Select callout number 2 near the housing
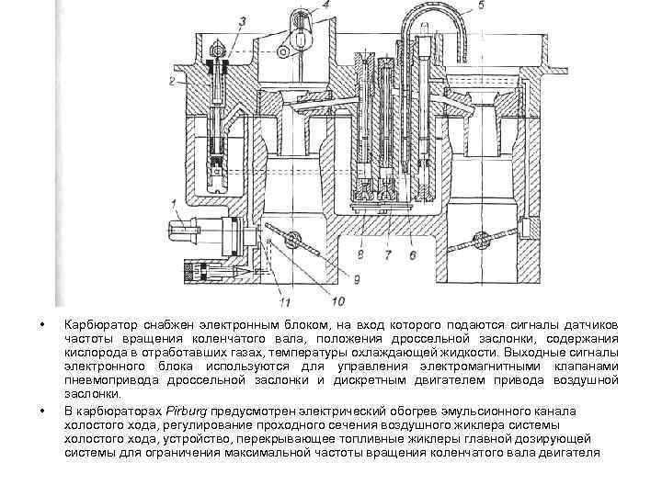pos(172,82)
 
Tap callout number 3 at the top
pos(240,19)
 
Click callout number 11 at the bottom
pos(285,299)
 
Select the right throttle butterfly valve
pos(479,241)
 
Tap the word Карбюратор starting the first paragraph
pos(96,326)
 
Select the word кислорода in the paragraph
pos(92,353)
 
